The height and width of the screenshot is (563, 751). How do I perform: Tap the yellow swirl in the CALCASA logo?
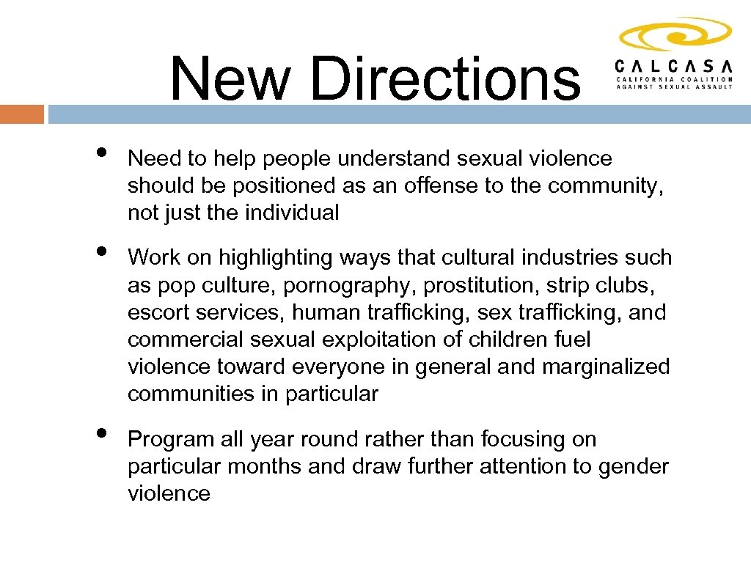[x=675, y=34]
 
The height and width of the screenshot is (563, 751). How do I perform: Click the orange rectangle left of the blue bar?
[x=22, y=114]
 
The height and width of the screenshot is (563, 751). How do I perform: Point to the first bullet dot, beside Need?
[x=100, y=152]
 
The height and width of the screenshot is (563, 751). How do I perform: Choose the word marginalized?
[x=606, y=367]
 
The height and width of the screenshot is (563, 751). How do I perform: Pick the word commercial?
[x=186, y=339]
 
